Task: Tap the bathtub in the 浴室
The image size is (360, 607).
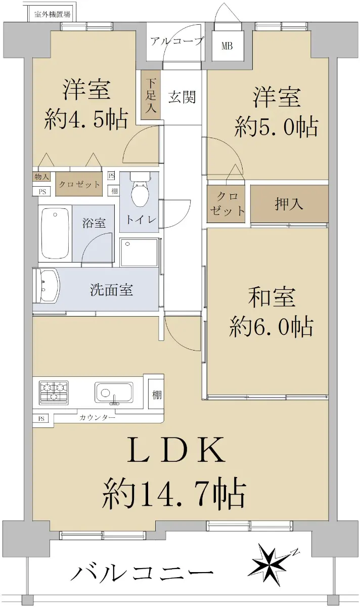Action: pos(55,233)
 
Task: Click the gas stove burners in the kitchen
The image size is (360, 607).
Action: pos(54,393)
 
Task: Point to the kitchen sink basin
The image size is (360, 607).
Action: pos(114,393)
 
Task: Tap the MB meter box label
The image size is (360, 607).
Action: pos(227,46)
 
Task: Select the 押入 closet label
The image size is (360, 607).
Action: pos(289,204)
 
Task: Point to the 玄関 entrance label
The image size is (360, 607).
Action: pos(182,97)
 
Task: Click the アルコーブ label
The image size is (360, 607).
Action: pos(176,41)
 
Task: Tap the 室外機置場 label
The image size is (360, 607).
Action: pos(53,14)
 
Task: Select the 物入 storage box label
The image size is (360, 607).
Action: pos(41,177)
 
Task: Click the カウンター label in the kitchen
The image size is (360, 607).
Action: pos(98,418)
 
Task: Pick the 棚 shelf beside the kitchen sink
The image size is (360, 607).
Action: pos(157,395)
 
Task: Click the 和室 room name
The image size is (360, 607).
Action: pos(272,297)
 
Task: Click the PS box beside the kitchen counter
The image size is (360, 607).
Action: pos(41,419)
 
